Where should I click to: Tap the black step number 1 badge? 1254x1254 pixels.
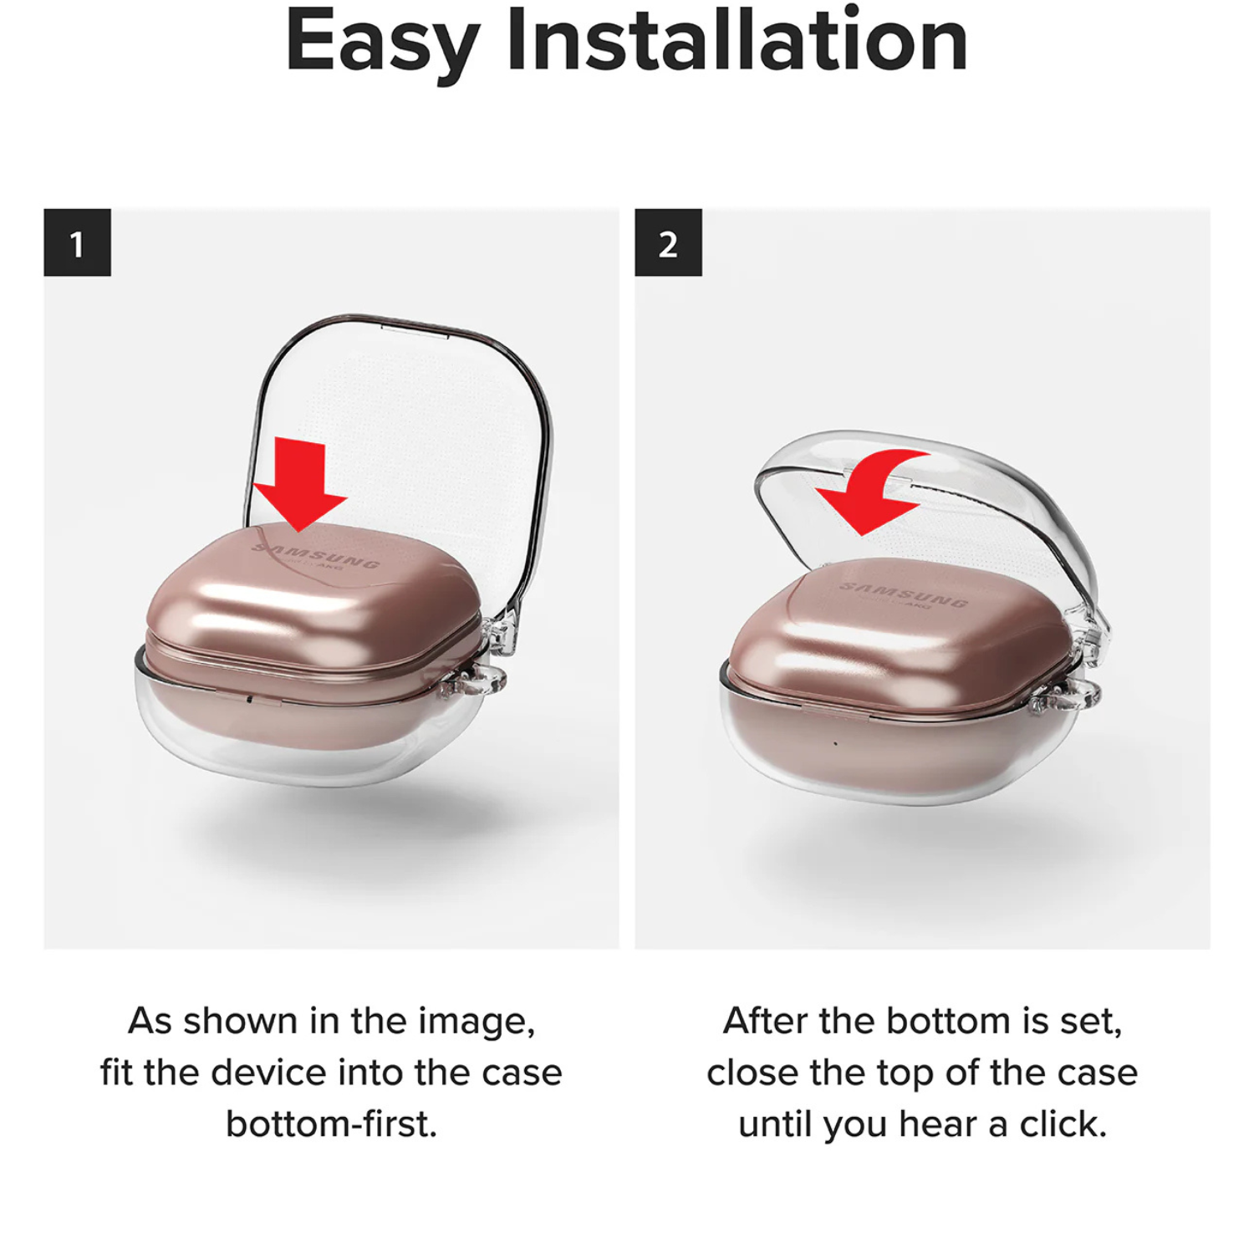coord(77,242)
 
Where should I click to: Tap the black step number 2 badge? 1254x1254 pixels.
coord(668,242)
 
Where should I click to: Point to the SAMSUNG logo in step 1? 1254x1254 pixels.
coord(316,555)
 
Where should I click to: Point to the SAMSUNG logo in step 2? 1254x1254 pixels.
coord(904,594)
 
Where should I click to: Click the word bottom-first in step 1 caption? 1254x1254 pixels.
coord(332,1124)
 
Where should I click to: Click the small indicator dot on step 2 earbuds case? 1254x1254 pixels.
coord(835,742)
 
